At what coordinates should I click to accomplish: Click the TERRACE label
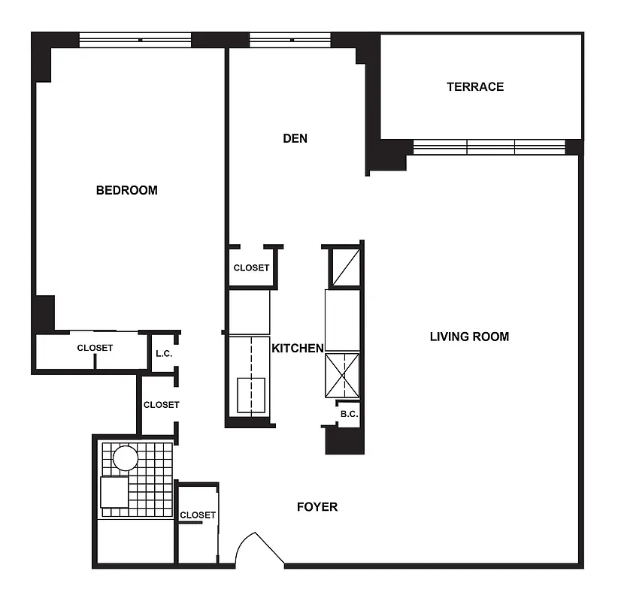[475, 86]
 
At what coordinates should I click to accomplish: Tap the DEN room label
[295, 138]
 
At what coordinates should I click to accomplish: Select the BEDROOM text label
[127, 190]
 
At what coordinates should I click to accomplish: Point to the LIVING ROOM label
[469, 337]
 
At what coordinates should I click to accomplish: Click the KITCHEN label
[297, 349]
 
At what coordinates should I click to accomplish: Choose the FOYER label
[317, 507]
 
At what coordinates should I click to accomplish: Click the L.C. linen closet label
[164, 354]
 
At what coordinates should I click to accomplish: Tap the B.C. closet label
[348, 414]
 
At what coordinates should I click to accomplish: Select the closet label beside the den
[251, 268]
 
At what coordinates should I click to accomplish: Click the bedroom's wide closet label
[95, 348]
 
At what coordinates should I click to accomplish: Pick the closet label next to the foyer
[198, 515]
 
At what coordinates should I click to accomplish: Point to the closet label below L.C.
[161, 405]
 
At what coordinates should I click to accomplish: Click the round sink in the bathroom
[125, 458]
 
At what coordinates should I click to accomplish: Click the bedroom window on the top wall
[135, 40]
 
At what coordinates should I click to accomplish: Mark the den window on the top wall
[289, 40]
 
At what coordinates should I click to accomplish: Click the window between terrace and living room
[489, 147]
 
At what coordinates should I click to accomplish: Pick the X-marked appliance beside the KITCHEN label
[343, 375]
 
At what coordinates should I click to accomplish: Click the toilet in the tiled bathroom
[114, 492]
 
